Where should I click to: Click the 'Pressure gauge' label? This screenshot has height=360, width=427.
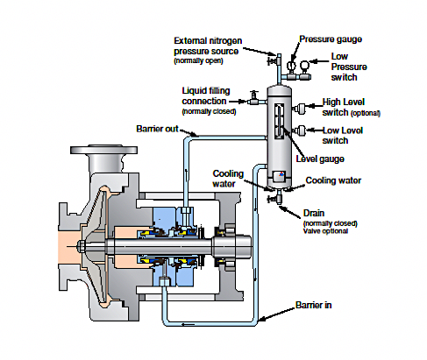click(x=331, y=39)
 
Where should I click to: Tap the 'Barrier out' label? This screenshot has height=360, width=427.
click(x=157, y=129)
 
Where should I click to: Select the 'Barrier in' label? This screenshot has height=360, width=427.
click(x=314, y=305)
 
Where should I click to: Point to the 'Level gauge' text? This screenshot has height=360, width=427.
click(x=320, y=159)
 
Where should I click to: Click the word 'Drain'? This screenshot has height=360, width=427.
click(x=314, y=213)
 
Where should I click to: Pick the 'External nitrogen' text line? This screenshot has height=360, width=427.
click(x=208, y=40)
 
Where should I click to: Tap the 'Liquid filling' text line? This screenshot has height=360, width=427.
click(x=206, y=91)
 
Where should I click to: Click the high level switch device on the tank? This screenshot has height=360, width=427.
click(x=299, y=108)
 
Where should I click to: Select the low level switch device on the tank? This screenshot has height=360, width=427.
click(x=299, y=131)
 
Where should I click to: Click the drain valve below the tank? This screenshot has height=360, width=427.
click(x=275, y=198)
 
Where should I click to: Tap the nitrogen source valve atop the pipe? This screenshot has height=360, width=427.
click(x=273, y=61)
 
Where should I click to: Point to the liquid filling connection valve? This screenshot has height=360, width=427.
click(x=253, y=98)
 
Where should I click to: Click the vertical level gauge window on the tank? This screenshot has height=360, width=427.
click(x=280, y=121)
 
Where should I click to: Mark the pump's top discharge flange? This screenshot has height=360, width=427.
click(x=103, y=150)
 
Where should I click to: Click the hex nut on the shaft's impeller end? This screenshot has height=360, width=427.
click(x=81, y=246)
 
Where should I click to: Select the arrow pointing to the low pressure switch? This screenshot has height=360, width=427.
click(x=319, y=61)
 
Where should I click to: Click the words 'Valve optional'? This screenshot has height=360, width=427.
click(x=325, y=231)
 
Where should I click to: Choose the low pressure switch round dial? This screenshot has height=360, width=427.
click(x=304, y=65)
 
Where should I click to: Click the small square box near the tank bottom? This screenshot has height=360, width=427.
click(x=278, y=176)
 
